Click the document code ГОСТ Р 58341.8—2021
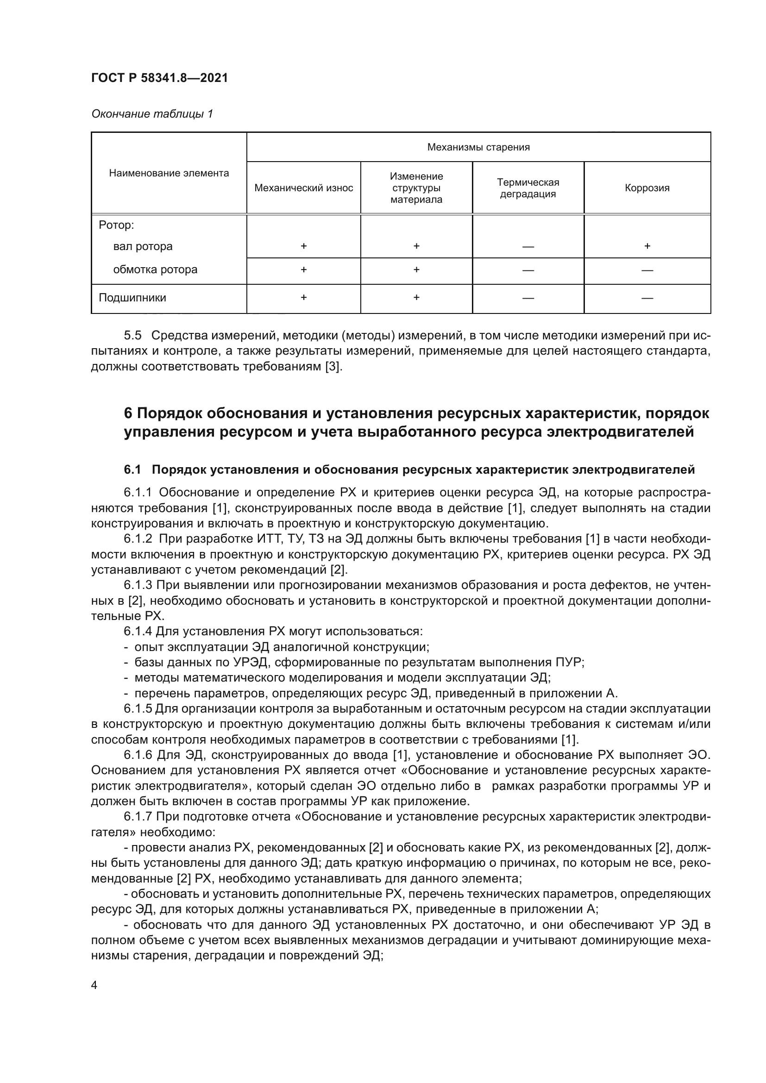tap(159, 78)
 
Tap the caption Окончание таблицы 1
tap(152, 114)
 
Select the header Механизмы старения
tap(478, 147)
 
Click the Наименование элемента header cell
tap(169, 173)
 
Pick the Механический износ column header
tap(303, 188)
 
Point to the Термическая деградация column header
tap(528, 188)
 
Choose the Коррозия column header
tap(647, 188)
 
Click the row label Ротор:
tap(116, 225)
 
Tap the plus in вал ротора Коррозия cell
tap(647, 246)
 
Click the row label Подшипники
tap(132, 298)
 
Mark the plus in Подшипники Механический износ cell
tap(303, 298)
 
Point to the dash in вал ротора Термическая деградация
tap(528, 247)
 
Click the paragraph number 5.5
tap(132, 335)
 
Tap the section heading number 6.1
tap(132, 470)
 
